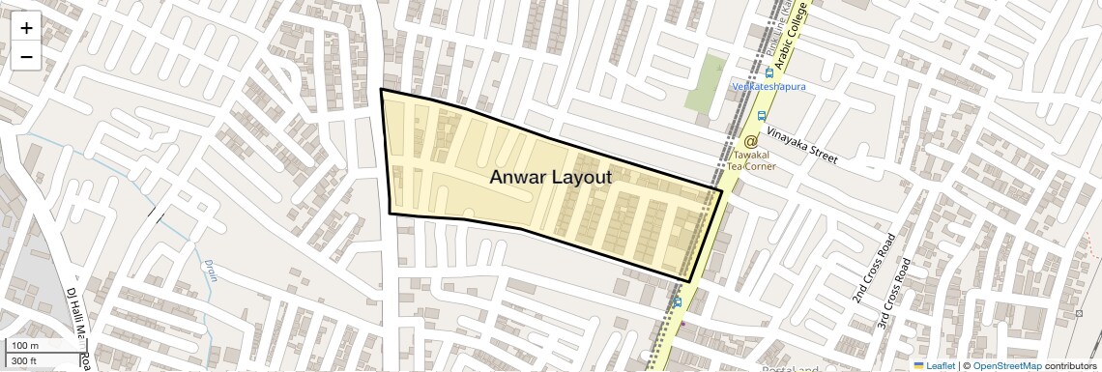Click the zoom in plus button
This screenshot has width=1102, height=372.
pos(26,28)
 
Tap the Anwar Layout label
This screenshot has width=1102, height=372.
pos(550,177)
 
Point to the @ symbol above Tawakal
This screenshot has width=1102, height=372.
pos(750,142)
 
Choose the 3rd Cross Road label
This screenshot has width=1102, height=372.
pos(895,290)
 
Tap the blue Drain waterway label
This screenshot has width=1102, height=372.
pos(210,270)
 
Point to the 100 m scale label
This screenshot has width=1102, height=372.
pos(25,346)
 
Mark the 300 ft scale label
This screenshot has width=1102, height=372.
pos(24,361)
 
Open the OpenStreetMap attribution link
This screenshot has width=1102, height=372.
pos(1006,365)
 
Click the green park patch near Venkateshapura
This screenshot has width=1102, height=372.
pos(706,82)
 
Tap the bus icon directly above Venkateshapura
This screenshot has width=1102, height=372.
pos(769,72)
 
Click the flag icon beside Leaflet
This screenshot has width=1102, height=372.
pos(918,365)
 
